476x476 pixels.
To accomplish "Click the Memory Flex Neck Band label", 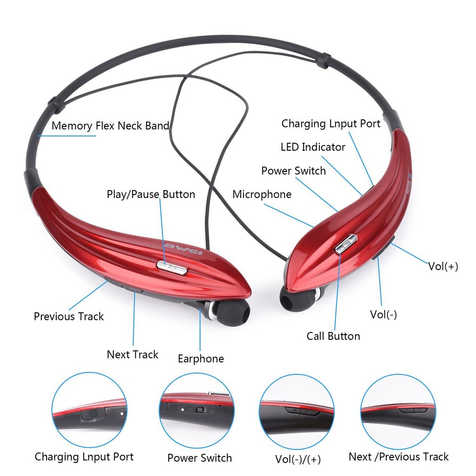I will click(x=110, y=126).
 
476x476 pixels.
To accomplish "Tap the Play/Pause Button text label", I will click(x=151, y=194).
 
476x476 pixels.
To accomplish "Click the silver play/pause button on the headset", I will click(x=172, y=266).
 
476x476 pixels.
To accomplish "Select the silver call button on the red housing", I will click(x=346, y=244).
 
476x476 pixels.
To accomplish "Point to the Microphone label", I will click(x=262, y=194).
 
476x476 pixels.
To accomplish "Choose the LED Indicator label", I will click(x=312, y=147).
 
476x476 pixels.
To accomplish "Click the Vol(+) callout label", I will click(x=443, y=266).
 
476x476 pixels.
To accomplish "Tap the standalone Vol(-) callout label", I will click(x=383, y=314).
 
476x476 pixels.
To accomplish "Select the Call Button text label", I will click(x=333, y=336).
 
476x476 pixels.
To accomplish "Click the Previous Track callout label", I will click(x=69, y=316).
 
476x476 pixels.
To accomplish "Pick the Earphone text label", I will click(x=200, y=358).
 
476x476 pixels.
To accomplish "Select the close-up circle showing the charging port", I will click(x=89, y=409).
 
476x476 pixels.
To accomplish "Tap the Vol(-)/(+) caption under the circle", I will click(x=297, y=459).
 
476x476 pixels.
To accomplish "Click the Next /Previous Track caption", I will click(x=398, y=456).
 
